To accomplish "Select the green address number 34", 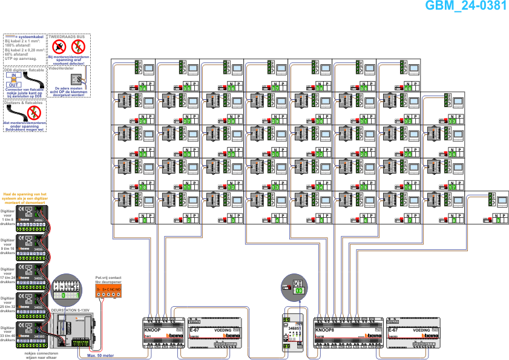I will [x=143, y=88].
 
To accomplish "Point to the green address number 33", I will [x=453, y=121].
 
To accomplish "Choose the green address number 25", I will [x=453, y=154].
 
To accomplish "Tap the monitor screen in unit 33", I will [x=458, y=102].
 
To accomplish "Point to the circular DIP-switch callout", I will [x=66, y=288].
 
